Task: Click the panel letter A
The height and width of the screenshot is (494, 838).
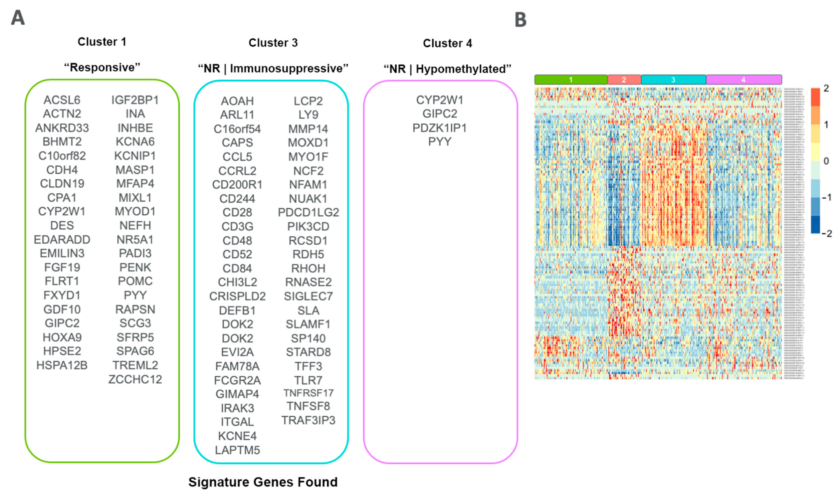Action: pyautogui.click(x=18, y=18)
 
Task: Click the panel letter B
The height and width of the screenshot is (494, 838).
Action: pyautogui.click(x=520, y=20)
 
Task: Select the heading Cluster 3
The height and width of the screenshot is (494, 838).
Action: pyautogui.click(x=273, y=43)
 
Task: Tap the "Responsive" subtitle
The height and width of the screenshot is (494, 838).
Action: pyautogui.click(x=102, y=67)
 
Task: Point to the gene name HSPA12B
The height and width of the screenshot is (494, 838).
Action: pyautogui.click(x=62, y=365)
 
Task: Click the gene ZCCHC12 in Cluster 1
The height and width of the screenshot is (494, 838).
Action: pyautogui.click(x=135, y=379)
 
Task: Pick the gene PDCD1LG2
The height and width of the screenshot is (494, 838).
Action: pyautogui.click(x=308, y=212)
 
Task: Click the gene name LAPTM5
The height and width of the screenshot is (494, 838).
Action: pyautogui.click(x=237, y=450)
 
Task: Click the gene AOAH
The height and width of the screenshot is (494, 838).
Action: pyautogui.click(x=237, y=101)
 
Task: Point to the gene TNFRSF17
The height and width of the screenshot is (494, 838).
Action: pyautogui.click(x=308, y=393)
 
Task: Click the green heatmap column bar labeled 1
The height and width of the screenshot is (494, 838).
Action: pyautogui.click(x=571, y=80)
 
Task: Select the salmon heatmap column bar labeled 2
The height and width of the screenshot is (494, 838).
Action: pyautogui.click(x=624, y=80)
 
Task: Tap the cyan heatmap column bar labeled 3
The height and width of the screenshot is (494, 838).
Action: pyautogui.click(x=673, y=80)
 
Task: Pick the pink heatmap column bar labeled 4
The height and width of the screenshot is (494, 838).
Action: pyautogui.click(x=743, y=80)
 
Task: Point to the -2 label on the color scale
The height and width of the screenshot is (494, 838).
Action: pyautogui.click(x=826, y=234)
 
